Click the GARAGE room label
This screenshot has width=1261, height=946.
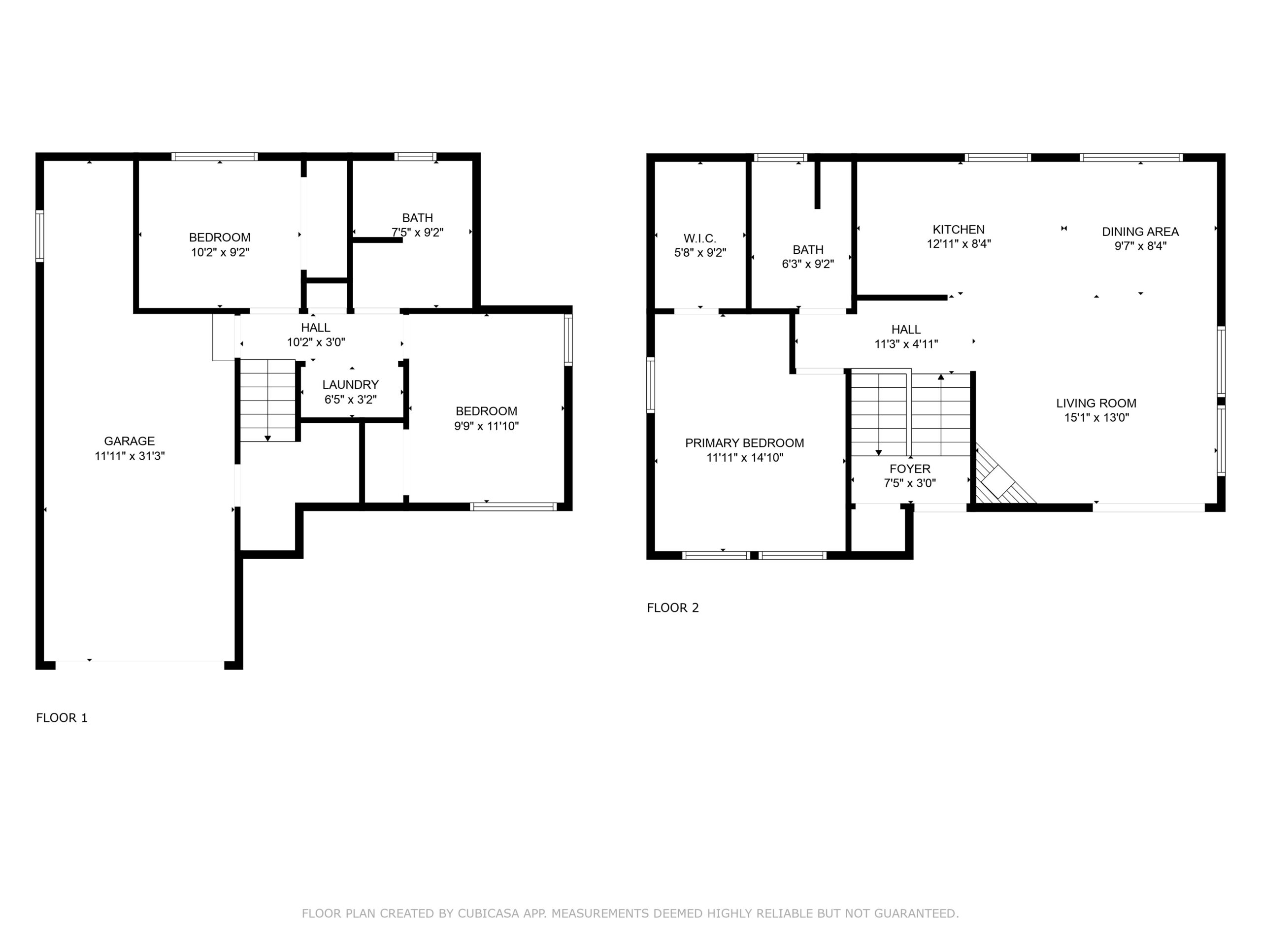click(130, 441)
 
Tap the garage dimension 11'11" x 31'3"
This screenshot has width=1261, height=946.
click(130, 456)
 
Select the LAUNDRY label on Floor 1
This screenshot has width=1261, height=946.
click(351, 384)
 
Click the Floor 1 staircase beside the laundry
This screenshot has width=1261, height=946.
click(268, 400)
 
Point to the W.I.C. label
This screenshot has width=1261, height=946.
click(700, 238)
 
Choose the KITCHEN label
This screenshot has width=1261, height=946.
click(959, 229)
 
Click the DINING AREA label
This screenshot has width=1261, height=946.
click(1140, 232)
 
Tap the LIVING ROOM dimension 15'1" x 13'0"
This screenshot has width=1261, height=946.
click(1096, 417)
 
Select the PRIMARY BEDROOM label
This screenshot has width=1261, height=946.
click(744, 443)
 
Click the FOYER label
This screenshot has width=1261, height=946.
click(910, 469)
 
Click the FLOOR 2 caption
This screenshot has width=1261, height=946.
click(673, 608)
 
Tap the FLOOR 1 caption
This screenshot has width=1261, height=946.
click(62, 718)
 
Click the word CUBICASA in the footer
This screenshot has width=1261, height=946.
click(489, 913)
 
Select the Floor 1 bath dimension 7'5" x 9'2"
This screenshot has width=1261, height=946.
click(417, 233)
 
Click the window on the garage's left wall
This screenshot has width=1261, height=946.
click(39, 236)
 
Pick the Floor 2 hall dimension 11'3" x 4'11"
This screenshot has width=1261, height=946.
click(906, 344)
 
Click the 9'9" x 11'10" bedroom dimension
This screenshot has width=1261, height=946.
click(486, 426)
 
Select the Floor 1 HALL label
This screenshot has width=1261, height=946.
click(316, 327)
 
